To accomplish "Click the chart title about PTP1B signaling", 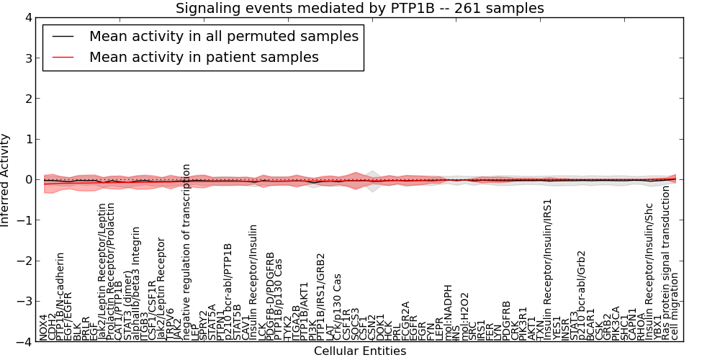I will [360, 8].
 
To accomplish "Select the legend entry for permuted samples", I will [223, 36].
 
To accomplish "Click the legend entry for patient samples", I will [204, 57].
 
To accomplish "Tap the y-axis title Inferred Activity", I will [6, 180].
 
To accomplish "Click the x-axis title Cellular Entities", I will [360, 351].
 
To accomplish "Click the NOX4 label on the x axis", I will [44, 326].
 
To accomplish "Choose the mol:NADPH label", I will [447, 312].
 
